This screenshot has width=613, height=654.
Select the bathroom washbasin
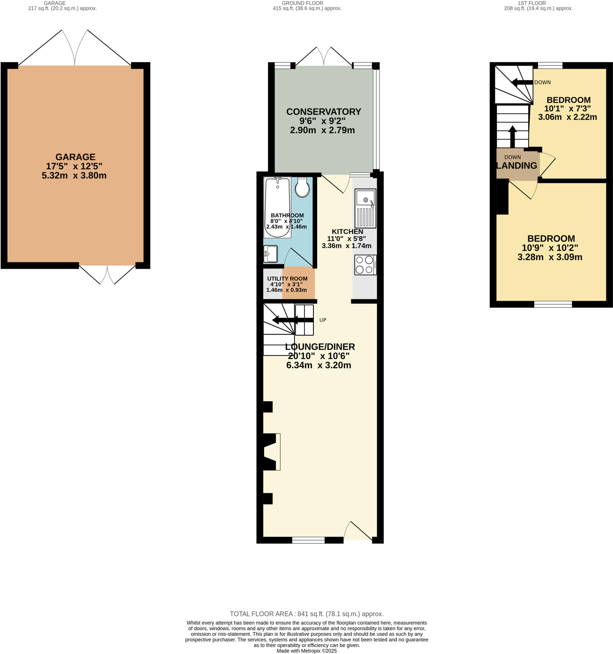tap(270, 254)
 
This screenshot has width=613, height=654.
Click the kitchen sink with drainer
tap(365, 208)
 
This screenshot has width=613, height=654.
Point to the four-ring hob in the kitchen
tap(365, 264)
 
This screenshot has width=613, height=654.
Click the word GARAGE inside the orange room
tap(75, 157)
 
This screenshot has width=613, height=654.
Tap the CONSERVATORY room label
tap(323, 112)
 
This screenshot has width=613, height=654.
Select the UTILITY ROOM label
tap(287, 279)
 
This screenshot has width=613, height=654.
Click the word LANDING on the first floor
tap(517, 166)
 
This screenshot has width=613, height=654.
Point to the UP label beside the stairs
tap(322, 320)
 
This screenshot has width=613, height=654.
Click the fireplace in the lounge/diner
tap(272, 452)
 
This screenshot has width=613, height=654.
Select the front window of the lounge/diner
tap(308, 540)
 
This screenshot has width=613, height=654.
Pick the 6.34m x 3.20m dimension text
tap(318, 365)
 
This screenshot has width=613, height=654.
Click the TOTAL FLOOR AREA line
tap(306, 613)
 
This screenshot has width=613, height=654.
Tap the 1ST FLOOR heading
tap(538, 3)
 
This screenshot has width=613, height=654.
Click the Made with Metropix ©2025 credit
tap(306, 651)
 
